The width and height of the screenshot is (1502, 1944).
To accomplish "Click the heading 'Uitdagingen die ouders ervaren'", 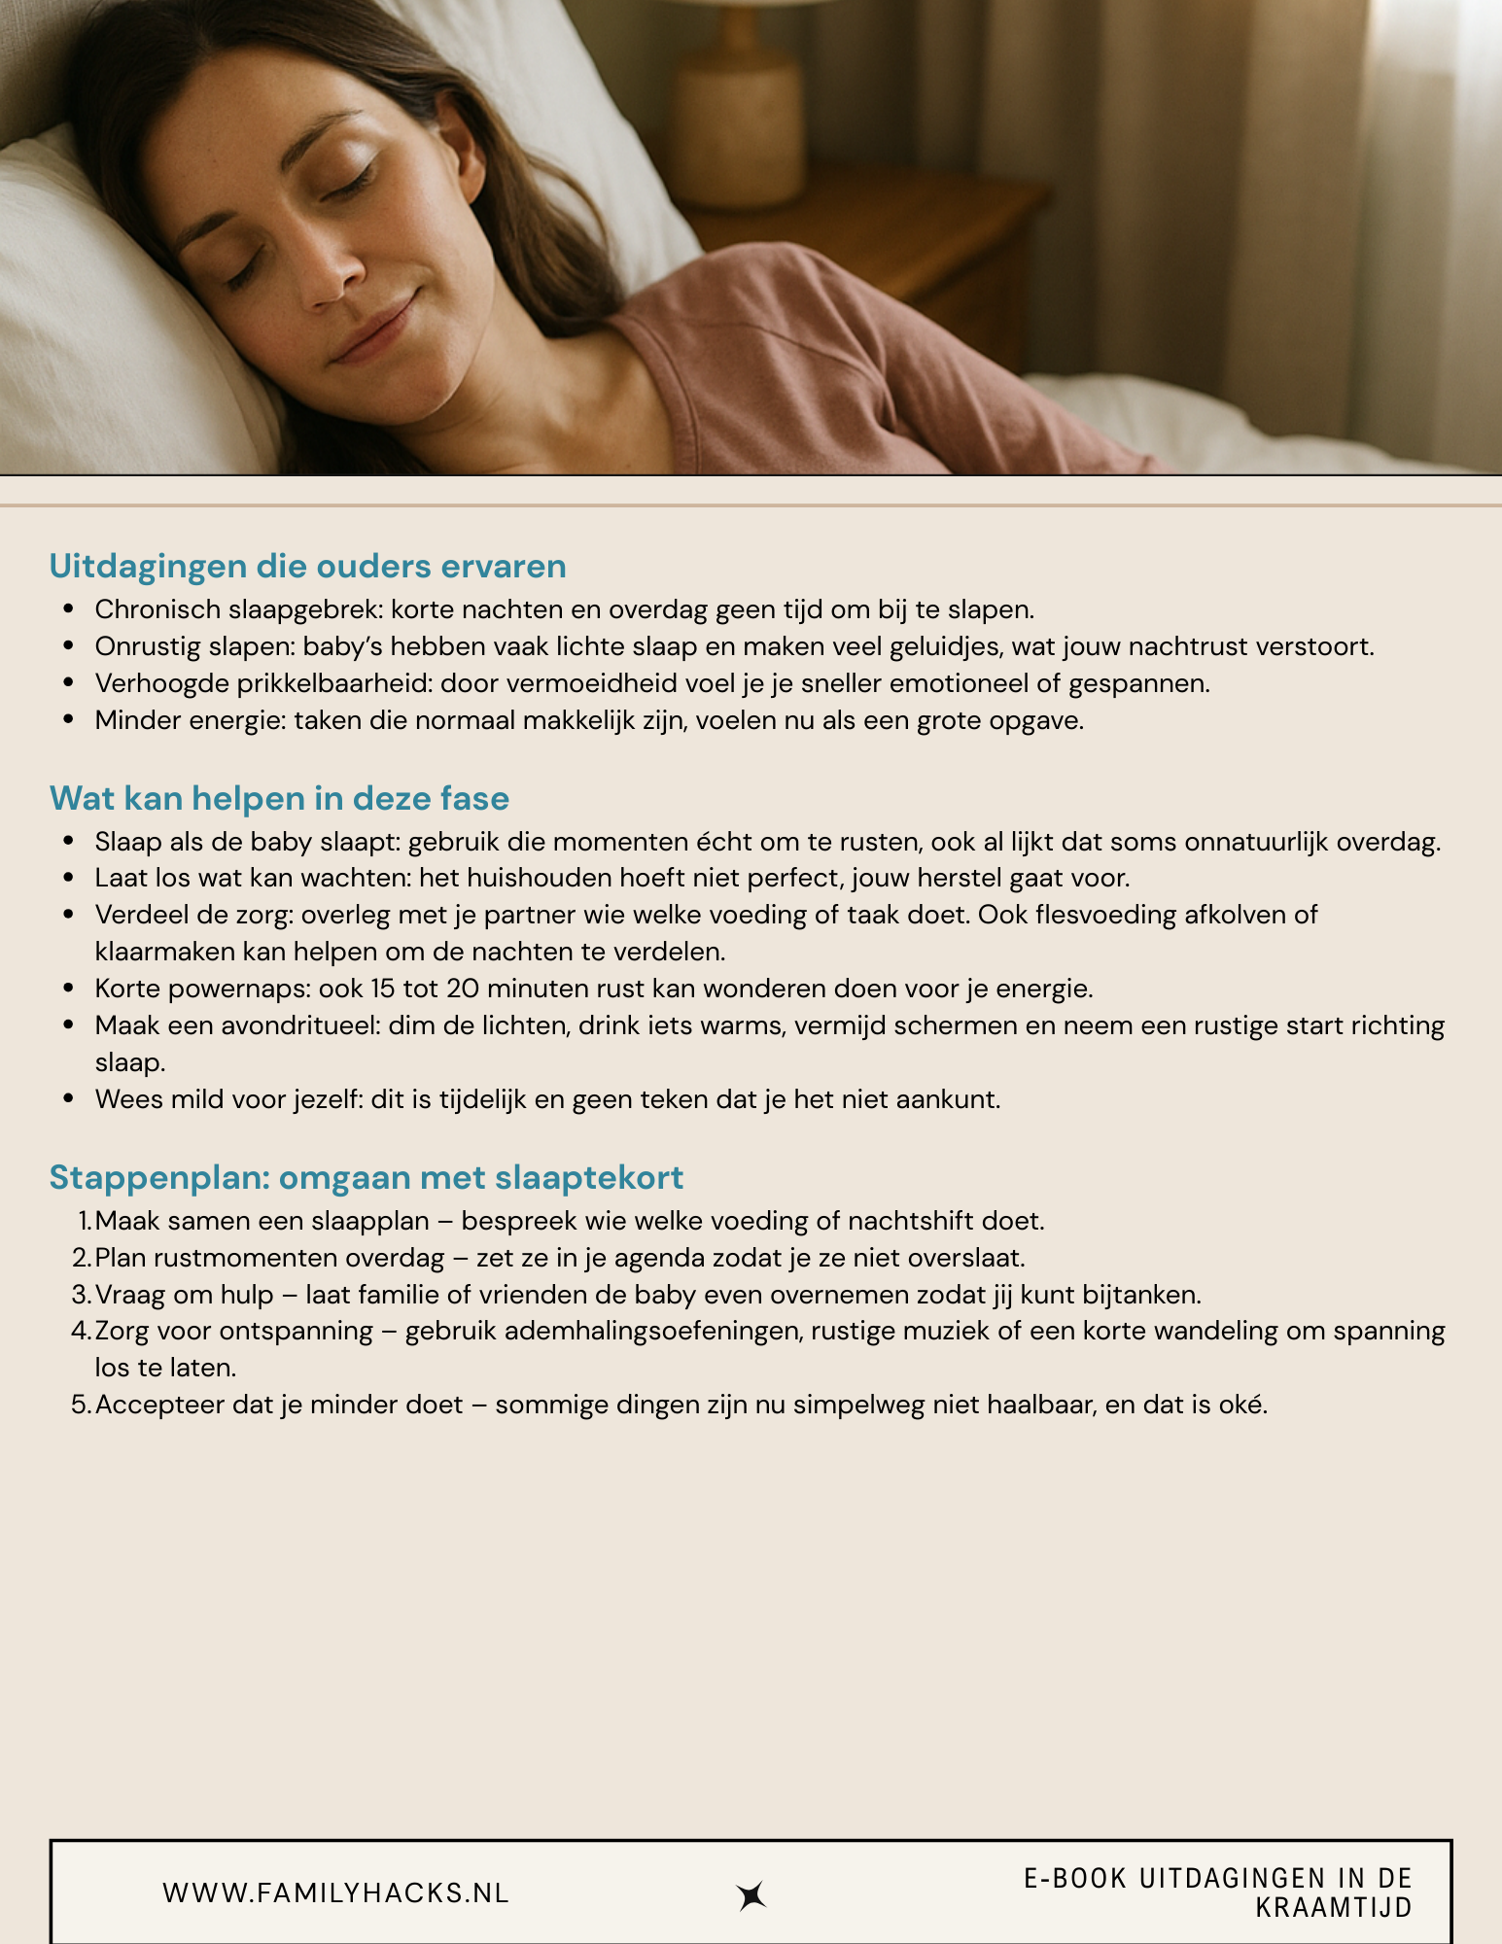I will point(307,566).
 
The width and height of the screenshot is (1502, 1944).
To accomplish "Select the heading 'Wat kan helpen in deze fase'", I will point(279,798).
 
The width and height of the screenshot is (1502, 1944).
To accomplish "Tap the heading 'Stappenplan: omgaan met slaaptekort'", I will point(366,1177).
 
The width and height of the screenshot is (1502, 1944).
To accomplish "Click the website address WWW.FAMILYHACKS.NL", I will point(335,1893).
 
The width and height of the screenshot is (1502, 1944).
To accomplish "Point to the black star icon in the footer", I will point(751,1895).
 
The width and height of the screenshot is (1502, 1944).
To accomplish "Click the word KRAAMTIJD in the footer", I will point(1333,1908).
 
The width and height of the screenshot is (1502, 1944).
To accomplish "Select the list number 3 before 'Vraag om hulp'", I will point(81,1295).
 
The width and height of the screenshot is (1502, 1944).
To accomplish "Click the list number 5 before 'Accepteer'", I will point(81,1406).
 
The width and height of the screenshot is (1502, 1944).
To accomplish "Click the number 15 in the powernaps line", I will point(384,989).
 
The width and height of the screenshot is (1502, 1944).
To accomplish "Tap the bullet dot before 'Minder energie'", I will point(68,720).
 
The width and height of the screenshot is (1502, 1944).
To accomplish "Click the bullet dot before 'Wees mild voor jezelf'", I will point(68,1099).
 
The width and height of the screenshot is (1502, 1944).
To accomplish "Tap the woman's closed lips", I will point(375,330).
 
